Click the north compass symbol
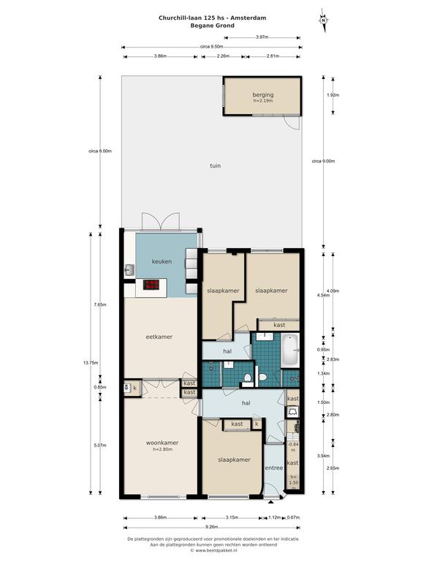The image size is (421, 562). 324,20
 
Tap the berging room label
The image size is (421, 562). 263,95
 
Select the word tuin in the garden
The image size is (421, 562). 215,165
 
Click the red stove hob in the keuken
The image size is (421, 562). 151,285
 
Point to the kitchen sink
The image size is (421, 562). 129,270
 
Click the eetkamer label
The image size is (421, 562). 159,337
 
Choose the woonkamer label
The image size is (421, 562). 162,443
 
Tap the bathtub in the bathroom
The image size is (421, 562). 289,351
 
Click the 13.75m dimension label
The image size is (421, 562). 91,363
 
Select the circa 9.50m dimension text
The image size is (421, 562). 211,47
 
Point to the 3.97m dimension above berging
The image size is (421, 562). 262,37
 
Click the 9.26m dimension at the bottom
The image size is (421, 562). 211,527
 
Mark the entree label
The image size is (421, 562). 274,468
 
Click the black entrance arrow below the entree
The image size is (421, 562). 270,502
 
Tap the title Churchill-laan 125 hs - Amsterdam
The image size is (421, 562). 212,18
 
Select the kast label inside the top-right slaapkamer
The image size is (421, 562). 279,325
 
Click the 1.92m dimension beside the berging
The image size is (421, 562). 333,95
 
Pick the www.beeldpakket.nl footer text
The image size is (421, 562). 215,550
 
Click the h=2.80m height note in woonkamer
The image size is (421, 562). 162,449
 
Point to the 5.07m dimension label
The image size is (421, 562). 100,445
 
